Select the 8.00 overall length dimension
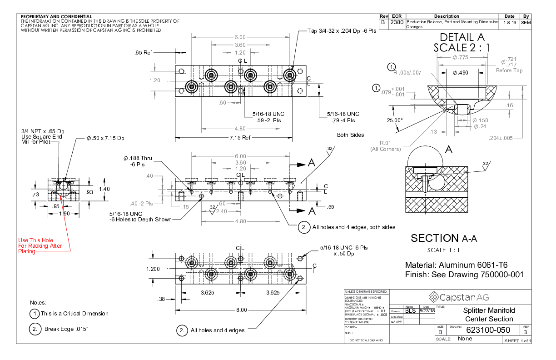point(241,310)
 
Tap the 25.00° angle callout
point(395,120)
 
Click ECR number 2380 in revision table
point(397,22)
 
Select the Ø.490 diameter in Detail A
point(460,73)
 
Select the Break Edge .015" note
point(66,328)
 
